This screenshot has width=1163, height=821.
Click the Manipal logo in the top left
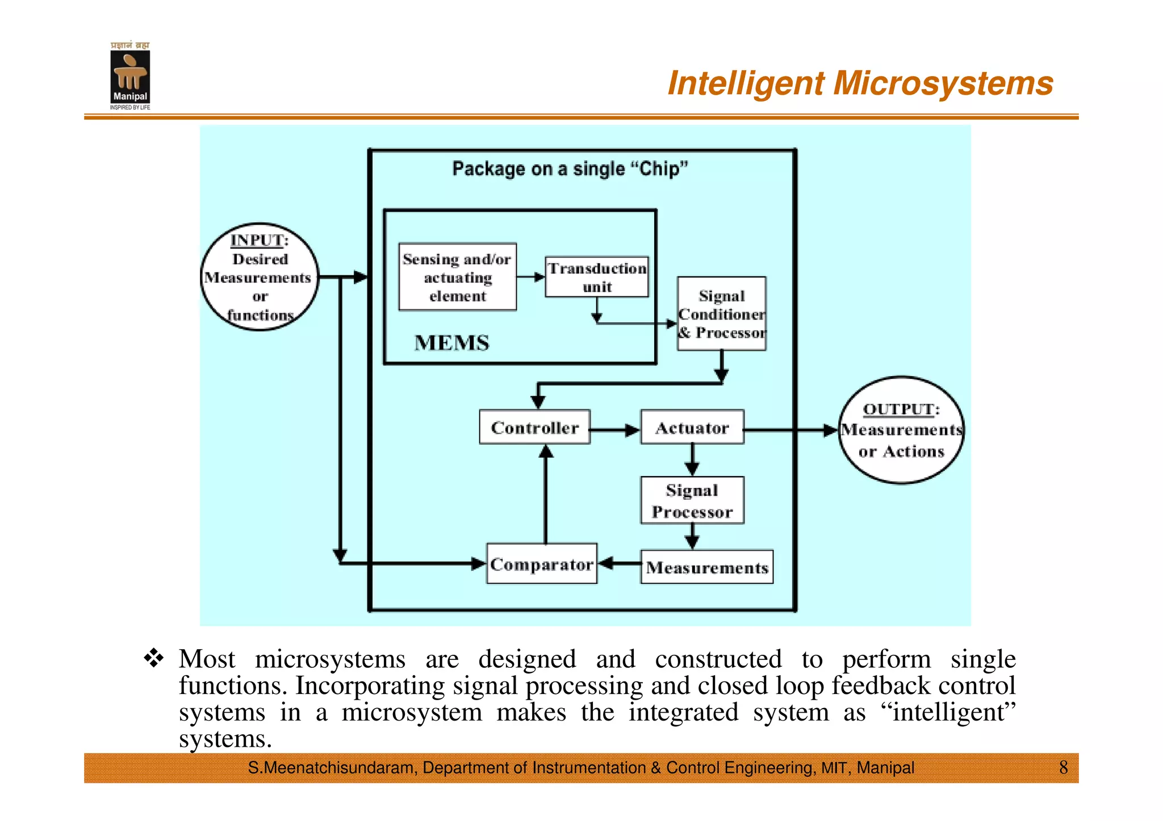click(130, 76)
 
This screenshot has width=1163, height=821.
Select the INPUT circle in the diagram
click(260, 277)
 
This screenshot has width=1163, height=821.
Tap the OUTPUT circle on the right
click(901, 430)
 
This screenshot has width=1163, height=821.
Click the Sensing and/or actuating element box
click(458, 277)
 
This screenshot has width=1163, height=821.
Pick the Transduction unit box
click(596, 277)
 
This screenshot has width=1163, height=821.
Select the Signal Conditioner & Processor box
click(721, 314)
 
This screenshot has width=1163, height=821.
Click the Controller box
click(534, 427)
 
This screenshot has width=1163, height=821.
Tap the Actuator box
click(692, 427)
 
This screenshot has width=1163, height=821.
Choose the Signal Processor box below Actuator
click(692, 500)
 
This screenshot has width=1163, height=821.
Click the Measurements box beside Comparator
click(706, 567)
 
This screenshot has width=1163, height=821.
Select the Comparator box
click(542, 564)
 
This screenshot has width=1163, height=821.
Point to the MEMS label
click(451, 343)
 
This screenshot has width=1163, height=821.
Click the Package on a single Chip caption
click(570, 169)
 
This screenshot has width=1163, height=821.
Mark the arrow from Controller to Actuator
click(615, 430)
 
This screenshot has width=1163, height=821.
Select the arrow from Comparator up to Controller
click(546, 494)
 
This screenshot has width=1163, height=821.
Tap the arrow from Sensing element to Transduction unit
click(530, 277)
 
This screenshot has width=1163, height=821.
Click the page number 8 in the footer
click(1063, 768)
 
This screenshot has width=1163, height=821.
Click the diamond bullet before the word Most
click(154, 658)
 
